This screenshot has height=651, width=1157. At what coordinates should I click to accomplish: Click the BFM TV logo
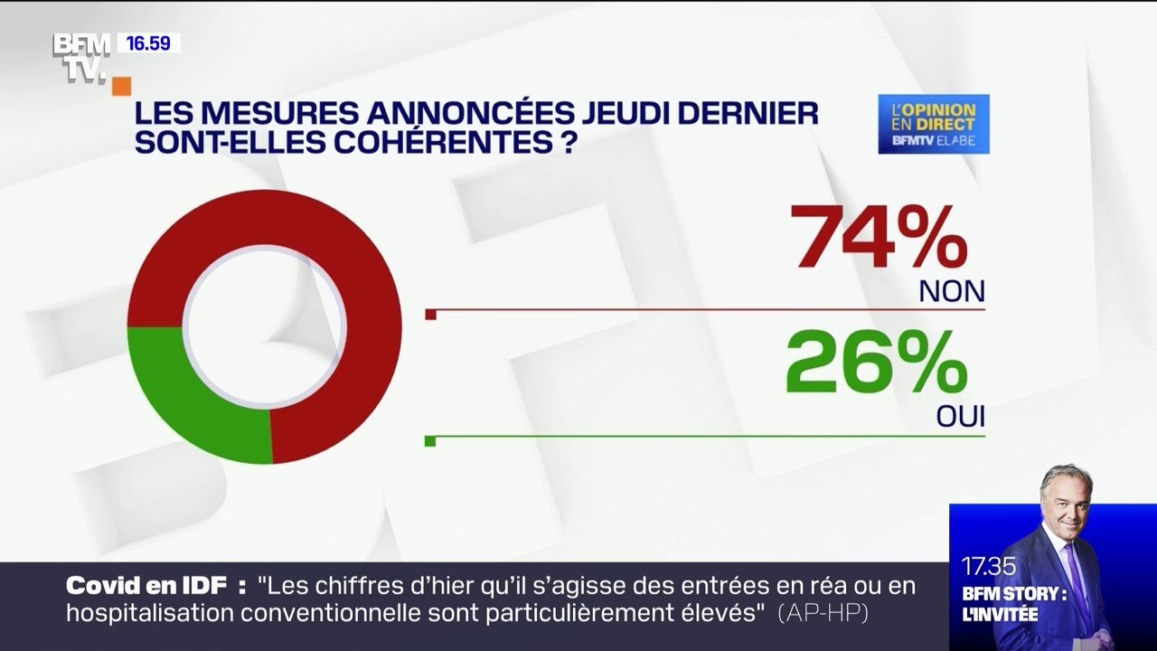(x=81, y=56)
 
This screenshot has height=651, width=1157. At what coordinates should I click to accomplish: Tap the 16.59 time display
(x=148, y=42)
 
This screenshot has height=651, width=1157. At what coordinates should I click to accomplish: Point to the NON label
(x=951, y=291)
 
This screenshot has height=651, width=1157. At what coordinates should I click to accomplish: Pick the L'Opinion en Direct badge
(x=934, y=124)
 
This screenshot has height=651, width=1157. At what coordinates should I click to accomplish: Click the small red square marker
(x=430, y=315)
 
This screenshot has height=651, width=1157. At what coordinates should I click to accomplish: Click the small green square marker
(x=430, y=441)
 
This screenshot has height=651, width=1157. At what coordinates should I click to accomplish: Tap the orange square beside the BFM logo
(x=121, y=86)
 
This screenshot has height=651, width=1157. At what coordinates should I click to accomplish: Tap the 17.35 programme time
(x=988, y=567)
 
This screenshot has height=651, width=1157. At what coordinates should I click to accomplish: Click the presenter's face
(x=1067, y=500)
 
